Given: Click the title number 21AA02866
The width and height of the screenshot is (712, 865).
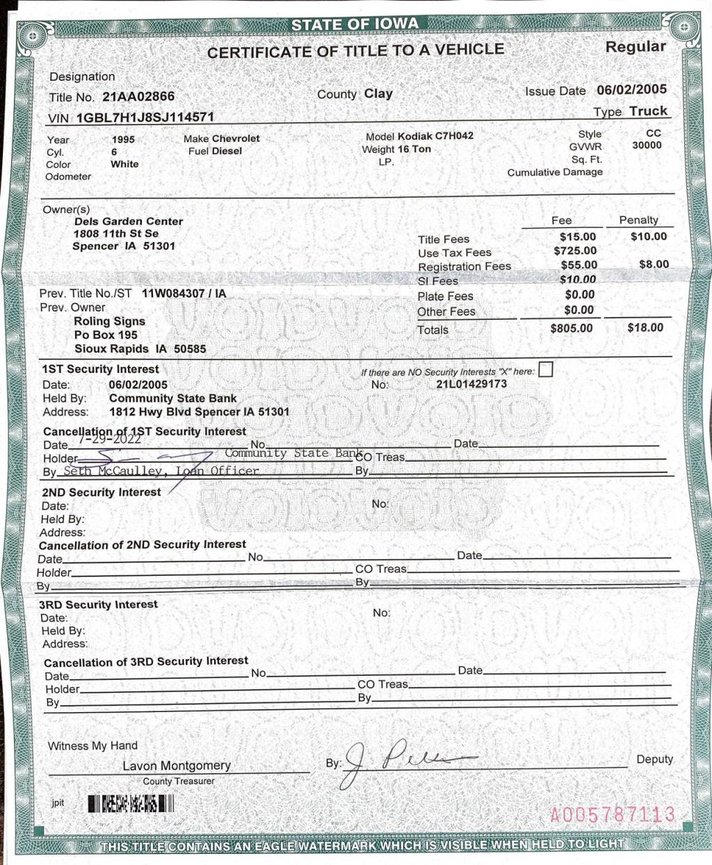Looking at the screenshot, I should [x=138, y=97].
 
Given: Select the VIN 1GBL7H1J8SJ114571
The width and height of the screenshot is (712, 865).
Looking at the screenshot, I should [x=145, y=118].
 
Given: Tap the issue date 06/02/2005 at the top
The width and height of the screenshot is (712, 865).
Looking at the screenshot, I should [x=631, y=90].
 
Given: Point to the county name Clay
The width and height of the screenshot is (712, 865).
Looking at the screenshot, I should [x=378, y=94].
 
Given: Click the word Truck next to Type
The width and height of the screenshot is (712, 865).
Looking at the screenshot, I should [x=648, y=111].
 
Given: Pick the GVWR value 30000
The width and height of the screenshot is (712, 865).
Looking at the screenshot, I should [x=647, y=145].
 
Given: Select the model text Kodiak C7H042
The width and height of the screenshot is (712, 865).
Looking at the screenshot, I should [x=435, y=136].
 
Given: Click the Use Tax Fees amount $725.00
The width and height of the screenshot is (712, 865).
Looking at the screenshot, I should [x=575, y=251].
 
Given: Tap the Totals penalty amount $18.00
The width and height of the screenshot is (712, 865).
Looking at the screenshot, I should [x=645, y=328].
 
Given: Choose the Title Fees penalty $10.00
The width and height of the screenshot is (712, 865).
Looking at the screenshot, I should [x=649, y=236].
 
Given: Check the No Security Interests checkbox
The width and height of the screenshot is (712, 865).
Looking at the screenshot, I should [x=546, y=370].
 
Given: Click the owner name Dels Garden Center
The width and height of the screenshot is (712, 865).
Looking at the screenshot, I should [x=129, y=221].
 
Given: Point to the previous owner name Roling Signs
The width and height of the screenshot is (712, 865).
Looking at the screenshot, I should [x=109, y=321].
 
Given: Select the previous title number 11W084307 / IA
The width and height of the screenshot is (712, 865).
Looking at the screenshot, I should [x=184, y=293].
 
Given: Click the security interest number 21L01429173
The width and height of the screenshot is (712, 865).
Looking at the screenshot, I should [x=471, y=384].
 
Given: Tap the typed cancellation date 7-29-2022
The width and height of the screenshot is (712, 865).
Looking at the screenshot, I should [x=109, y=439].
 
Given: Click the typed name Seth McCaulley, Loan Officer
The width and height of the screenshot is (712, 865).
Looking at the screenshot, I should [x=161, y=471].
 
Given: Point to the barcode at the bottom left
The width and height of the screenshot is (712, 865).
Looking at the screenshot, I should [x=131, y=805].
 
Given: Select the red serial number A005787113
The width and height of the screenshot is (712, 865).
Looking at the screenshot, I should [x=613, y=814].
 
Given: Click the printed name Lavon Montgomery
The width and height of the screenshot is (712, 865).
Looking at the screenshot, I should [x=177, y=766].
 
